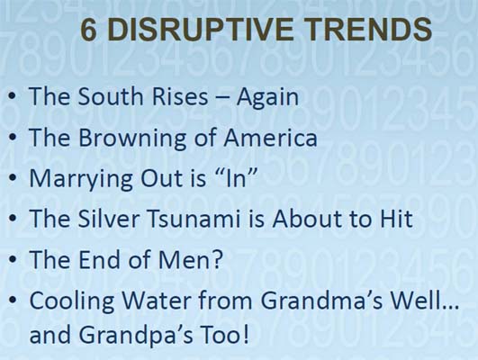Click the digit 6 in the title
[89, 30]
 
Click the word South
[111, 96]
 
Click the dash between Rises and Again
[222, 98]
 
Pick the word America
[271, 137]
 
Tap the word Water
[157, 300]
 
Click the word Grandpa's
[136, 336]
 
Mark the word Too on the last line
[224, 334]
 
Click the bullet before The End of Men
[13, 259]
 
